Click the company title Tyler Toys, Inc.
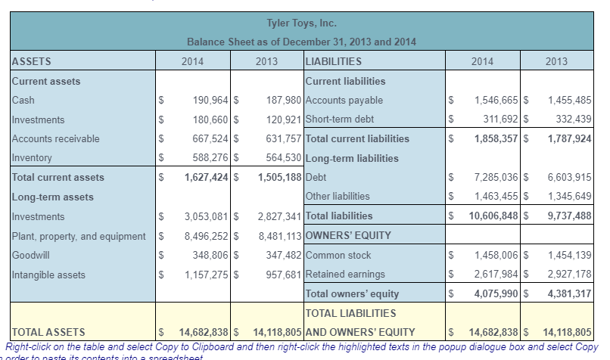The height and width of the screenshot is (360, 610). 302,23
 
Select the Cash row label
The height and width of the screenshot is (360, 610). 23,100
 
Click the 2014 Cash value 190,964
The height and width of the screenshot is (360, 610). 205,100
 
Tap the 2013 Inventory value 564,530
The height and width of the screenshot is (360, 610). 280,157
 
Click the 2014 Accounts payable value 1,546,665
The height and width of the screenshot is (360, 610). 496,100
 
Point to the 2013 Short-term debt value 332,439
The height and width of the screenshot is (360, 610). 568,119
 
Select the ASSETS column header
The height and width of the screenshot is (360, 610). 32,61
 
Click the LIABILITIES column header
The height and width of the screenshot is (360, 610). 332,61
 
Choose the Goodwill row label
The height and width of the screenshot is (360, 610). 31,255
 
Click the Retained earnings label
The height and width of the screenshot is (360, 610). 344,274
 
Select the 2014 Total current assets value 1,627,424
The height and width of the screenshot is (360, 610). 202,177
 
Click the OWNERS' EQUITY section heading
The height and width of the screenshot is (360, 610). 347,235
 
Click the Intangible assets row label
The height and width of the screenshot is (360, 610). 48,274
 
